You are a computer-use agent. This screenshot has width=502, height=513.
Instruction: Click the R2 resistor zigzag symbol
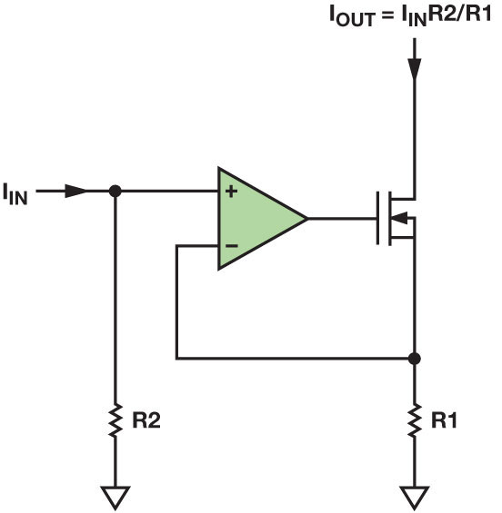pyautogui.click(x=115, y=420)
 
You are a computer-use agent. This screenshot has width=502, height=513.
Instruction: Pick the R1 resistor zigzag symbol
pyautogui.click(x=415, y=420)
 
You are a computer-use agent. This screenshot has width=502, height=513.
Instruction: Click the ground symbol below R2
pyautogui.click(x=115, y=496)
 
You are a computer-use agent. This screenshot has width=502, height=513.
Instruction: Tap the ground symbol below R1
pyautogui.click(x=415, y=496)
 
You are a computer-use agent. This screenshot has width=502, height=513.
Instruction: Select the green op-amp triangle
pyautogui.click(x=255, y=219)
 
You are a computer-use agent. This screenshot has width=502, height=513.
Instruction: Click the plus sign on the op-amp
pyautogui.click(x=232, y=192)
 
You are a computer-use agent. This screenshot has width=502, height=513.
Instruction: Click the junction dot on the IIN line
pyautogui.click(x=115, y=192)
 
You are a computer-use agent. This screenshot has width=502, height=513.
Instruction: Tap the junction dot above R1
pyautogui.click(x=415, y=359)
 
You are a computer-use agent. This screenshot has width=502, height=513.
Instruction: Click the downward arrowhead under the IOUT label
pyautogui.click(x=415, y=68)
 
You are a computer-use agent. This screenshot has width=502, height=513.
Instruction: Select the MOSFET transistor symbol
pyautogui.click(x=396, y=219)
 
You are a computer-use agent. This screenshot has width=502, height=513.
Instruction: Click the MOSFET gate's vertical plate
pyautogui.click(x=378, y=219)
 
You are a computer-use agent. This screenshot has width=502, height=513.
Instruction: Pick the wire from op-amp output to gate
pyautogui.click(x=341, y=219)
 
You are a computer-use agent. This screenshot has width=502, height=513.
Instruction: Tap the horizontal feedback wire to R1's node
pyautogui.click(x=291, y=359)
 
